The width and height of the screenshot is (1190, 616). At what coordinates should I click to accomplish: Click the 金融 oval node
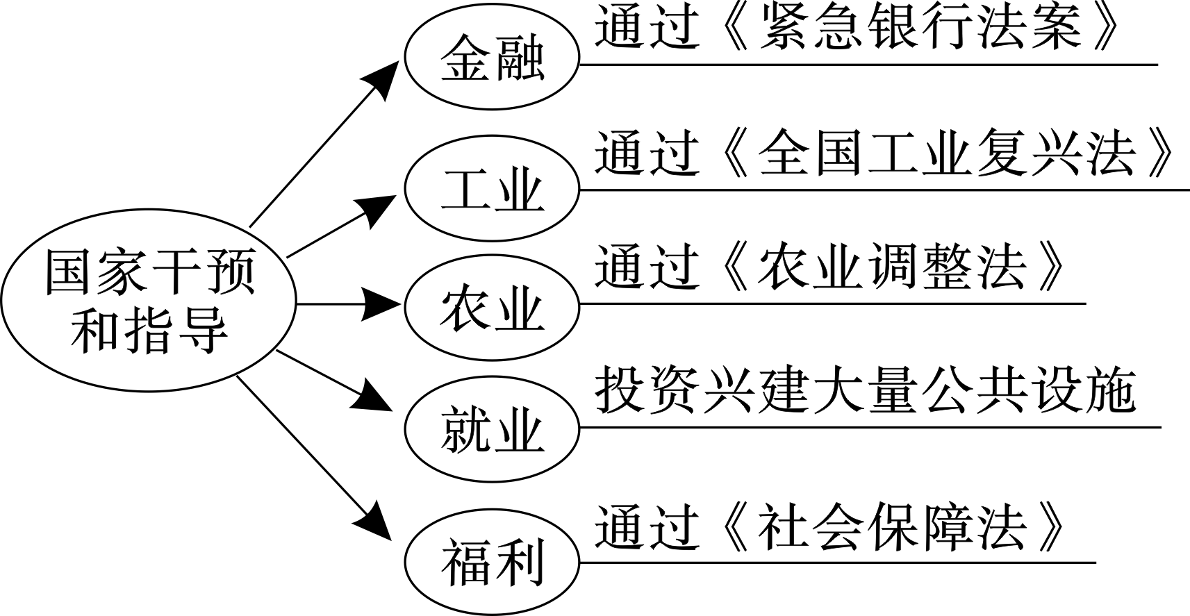(492, 61)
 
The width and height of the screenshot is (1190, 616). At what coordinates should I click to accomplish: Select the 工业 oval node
(492, 189)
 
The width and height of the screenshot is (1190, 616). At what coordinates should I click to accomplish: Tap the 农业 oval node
(492, 309)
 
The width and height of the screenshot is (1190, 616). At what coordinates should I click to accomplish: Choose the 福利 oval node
(492, 561)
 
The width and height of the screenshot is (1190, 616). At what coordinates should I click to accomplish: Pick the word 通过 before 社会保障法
(646, 528)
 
